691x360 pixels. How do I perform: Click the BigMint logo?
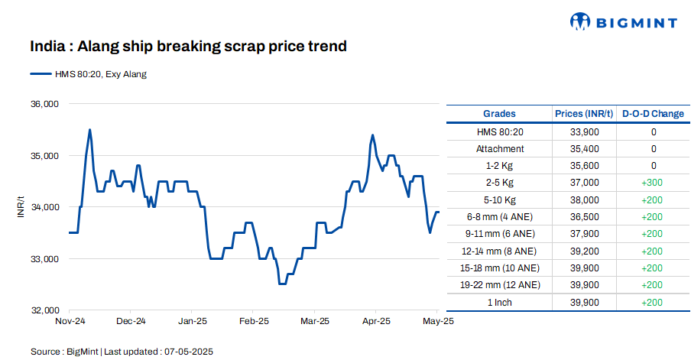click(x=623, y=22)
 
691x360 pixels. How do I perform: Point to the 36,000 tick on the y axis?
click(x=44, y=104)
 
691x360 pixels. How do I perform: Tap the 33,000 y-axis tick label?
click(x=44, y=259)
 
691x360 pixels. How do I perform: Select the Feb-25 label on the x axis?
click(x=254, y=322)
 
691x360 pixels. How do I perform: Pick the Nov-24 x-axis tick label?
click(x=70, y=322)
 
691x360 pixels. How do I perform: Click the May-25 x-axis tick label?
click(x=439, y=322)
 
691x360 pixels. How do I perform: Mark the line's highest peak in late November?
click(x=90, y=130)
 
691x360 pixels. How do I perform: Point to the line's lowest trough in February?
click(x=282, y=284)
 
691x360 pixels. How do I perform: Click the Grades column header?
click(x=500, y=114)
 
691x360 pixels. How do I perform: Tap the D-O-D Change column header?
click(x=653, y=114)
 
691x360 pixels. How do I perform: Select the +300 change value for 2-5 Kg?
click(x=653, y=183)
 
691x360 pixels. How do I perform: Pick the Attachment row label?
click(x=500, y=149)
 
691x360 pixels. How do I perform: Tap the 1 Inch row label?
click(x=500, y=302)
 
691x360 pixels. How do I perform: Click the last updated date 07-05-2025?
click(x=188, y=352)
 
